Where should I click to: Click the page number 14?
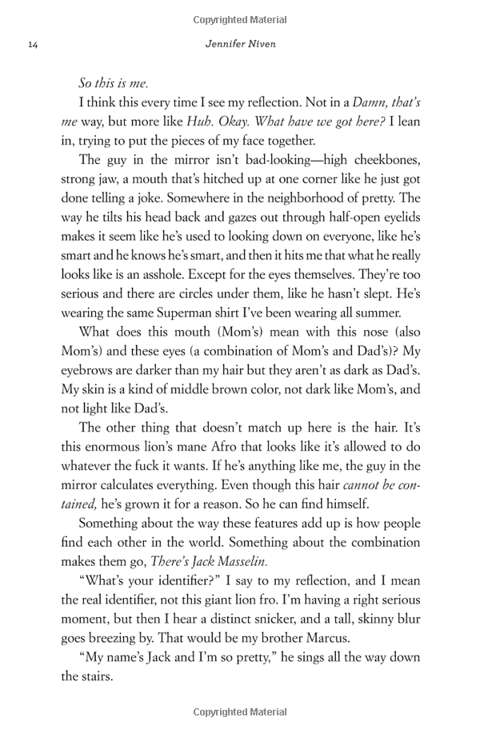pos(32,45)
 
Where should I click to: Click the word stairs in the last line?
pos(96,676)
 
